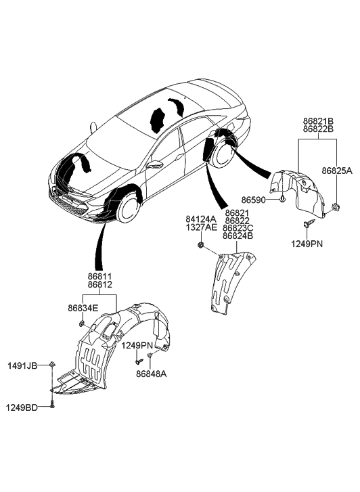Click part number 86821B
coord(318,121)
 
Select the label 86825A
coord(337,171)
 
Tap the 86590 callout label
coord(253,199)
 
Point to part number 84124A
coord(201,219)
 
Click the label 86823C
coord(238,228)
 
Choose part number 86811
coord(99,277)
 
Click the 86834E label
coord(83,308)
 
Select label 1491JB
coord(22,365)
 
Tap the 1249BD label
coord(22,407)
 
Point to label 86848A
coord(152,374)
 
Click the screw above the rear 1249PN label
coord(307,224)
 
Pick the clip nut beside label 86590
coord(282,198)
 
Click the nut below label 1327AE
coord(200,246)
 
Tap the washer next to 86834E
coord(81,323)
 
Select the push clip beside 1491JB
coord(52,364)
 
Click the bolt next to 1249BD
coord(52,404)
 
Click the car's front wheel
coord(128,208)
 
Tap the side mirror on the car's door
coord(155,164)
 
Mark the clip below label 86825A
coord(336,207)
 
